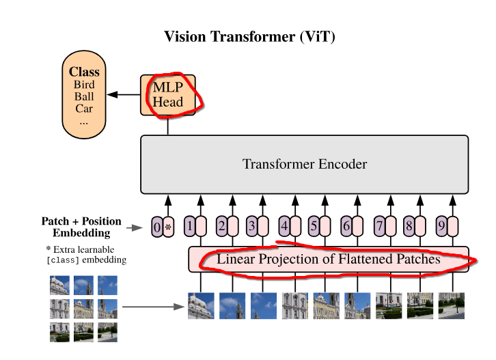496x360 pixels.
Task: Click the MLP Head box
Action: pos(167,94)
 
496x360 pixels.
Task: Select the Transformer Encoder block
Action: pos(304,164)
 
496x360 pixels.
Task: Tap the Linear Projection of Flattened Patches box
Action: pos(329,260)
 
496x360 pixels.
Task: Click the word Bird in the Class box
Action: pos(84,85)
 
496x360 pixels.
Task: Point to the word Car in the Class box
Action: pos(84,109)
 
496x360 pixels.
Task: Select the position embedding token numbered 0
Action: pos(157,226)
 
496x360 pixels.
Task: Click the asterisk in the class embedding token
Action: pos(168,227)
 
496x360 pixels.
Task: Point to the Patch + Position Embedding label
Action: pos(81,227)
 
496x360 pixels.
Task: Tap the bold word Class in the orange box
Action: pos(84,72)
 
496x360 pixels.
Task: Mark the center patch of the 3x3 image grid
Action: pos(83,308)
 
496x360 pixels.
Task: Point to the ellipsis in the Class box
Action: pos(84,121)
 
